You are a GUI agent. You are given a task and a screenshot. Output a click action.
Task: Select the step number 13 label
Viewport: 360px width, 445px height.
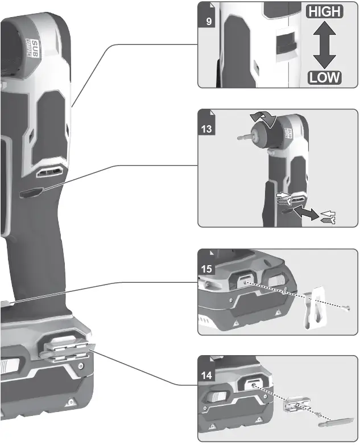pos(208,129)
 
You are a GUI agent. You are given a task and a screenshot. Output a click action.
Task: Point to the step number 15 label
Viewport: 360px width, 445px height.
pos(208,267)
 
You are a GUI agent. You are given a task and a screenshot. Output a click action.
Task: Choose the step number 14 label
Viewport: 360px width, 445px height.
pos(208,375)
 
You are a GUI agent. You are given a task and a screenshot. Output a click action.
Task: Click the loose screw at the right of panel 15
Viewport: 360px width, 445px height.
pos(345,307)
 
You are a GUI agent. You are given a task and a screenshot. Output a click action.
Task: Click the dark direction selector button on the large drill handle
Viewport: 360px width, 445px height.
pos(29,193)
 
